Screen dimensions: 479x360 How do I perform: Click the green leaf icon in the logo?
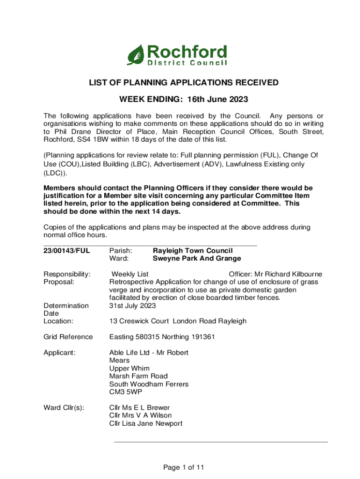tap(137, 55)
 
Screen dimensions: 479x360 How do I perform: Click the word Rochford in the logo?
tap(187, 51)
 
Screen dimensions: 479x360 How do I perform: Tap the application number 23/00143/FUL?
tap(66, 251)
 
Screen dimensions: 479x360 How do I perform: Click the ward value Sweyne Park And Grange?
tap(197, 259)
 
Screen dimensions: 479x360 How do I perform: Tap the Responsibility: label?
tap(67, 274)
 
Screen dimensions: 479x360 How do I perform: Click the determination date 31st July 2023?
tap(133, 305)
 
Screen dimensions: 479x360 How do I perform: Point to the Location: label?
tap(58, 321)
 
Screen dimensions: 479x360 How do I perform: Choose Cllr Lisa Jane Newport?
tap(146, 424)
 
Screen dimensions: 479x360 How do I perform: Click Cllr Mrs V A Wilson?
tap(140, 415)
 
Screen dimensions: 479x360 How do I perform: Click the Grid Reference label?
tap(68, 337)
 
